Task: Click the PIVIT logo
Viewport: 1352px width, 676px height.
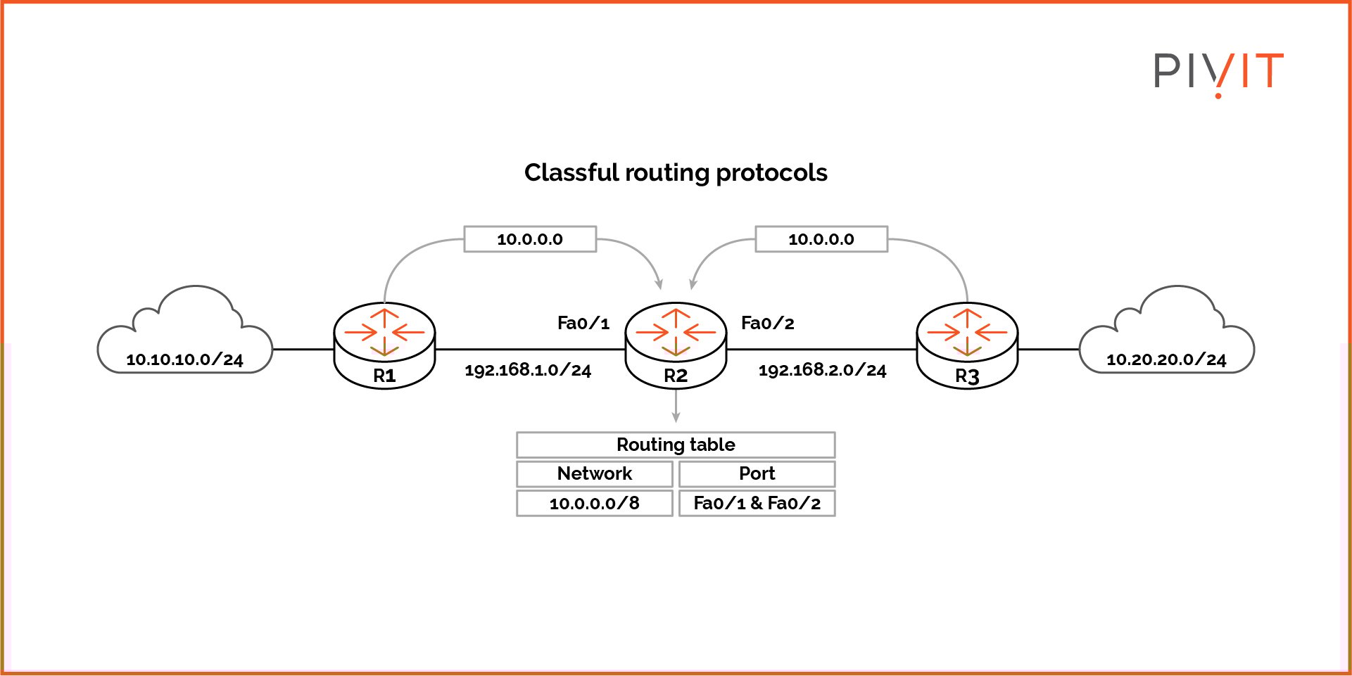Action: coord(1218,72)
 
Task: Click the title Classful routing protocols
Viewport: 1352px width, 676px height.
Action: coord(676,172)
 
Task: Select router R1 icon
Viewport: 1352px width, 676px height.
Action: coord(384,345)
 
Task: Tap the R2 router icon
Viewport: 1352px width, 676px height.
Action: coord(676,345)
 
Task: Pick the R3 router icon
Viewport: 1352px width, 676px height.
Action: coord(967,345)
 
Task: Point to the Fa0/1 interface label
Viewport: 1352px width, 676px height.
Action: coord(583,323)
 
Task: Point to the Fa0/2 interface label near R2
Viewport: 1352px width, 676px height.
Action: coord(767,323)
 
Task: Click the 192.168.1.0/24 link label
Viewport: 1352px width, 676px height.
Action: coord(528,370)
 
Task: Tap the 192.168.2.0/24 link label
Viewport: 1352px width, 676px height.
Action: coord(822,370)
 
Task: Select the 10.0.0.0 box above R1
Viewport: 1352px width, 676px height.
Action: coord(530,239)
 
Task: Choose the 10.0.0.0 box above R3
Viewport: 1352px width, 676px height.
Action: coord(821,239)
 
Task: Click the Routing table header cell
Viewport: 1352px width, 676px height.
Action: coord(676,445)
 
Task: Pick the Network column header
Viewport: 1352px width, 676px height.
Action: coord(595,473)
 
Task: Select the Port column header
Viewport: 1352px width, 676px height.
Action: coord(757,473)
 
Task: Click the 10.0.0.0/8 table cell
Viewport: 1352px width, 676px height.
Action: coord(595,503)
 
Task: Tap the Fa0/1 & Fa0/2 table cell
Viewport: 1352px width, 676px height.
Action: coord(757,503)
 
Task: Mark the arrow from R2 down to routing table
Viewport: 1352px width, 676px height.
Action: coord(676,406)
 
